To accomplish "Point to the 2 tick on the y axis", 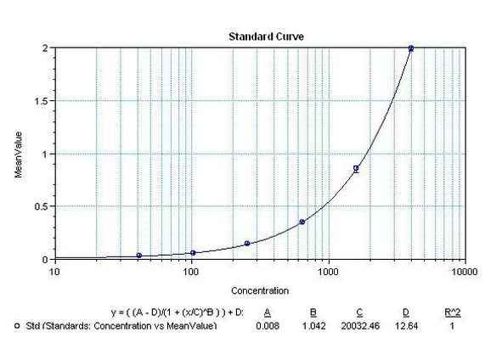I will click(x=45, y=48).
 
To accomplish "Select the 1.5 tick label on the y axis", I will click(x=41, y=101).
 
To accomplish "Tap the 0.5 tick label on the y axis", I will click(x=41, y=206).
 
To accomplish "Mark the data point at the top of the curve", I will click(x=411, y=48).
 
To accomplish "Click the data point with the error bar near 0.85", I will click(x=356, y=168).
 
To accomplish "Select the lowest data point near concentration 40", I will click(x=138, y=256).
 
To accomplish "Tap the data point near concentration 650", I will click(x=302, y=222).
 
